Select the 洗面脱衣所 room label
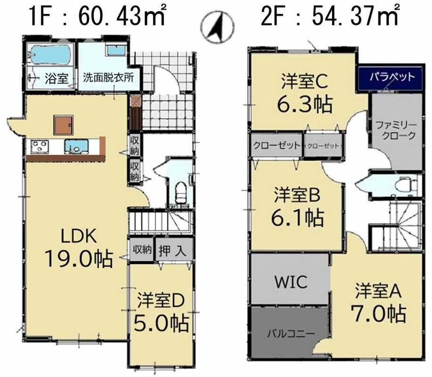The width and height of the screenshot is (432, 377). [108, 78]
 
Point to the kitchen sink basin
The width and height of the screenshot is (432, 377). [76, 146]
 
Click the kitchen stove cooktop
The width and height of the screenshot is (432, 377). [40, 146]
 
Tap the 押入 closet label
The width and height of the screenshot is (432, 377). [173, 251]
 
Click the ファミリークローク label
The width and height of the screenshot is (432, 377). [396, 130]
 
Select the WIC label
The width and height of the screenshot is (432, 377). [291, 282]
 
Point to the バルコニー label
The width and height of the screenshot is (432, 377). [291, 334]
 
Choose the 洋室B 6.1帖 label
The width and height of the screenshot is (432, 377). [297, 206]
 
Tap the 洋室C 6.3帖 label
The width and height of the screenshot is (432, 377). [305, 93]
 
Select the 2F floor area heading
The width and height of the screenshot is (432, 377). [330, 16]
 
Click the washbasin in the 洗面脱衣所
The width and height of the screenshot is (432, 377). [116, 50]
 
